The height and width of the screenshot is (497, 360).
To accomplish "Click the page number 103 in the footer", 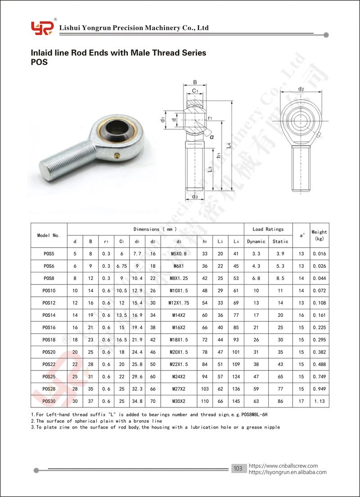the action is (x=238, y=469).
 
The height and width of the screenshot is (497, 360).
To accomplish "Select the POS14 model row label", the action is (x=49, y=315).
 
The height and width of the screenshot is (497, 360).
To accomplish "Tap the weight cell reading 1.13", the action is (x=319, y=401).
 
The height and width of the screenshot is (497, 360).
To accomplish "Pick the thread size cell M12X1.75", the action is (x=179, y=303).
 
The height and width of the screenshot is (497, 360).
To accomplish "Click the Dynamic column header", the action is (x=256, y=242).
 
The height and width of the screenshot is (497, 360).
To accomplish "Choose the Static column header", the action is (x=280, y=242).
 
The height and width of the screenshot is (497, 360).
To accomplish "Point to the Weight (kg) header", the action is (x=319, y=235).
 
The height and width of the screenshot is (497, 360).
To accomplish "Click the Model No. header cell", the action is (x=49, y=235).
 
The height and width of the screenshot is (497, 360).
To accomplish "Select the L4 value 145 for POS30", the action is (x=236, y=401).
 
